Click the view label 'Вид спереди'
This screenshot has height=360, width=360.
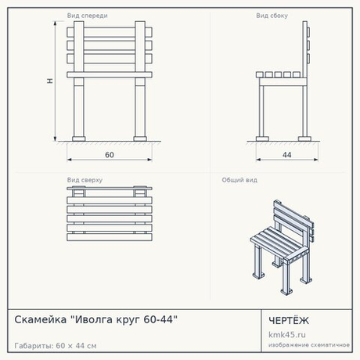[x=88, y=16]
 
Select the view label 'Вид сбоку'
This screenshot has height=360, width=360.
[x=272, y=16]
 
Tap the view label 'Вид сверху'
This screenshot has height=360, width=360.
[x=85, y=180]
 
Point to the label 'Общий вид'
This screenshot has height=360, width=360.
[x=239, y=180]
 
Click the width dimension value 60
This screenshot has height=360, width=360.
[x=110, y=155]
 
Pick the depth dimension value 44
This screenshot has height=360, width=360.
[x=287, y=155]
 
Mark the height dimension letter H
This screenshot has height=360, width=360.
[x=49, y=81]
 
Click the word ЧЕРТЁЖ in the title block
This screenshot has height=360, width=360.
[x=289, y=321]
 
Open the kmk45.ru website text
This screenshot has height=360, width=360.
[x=287, y=334]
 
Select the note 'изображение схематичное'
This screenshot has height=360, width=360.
[x=309, y=345]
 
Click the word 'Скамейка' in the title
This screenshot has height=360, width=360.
[x=41, y=319]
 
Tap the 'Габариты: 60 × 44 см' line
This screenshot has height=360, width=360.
[x=56, y=346]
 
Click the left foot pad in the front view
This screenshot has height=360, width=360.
[x=79, y=139]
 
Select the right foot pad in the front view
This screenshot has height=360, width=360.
[x=140, y=139]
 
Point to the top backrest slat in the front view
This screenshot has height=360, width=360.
[x=110, y=32]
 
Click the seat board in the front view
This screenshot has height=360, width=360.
[x=110, y=75]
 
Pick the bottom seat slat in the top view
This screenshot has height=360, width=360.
[x=110, y=237]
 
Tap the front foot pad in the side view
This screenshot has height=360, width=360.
[x=262, y=139]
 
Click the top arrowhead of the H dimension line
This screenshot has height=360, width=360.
[x=55, y=23]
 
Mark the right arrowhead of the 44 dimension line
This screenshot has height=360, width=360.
[x=316, y=160]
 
